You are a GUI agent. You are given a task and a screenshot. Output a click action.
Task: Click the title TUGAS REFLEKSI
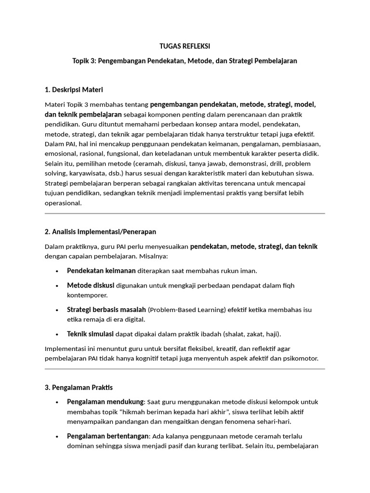click(x=185, y=46)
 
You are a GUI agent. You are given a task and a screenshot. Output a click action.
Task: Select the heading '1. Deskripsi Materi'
click(x=74, y=90)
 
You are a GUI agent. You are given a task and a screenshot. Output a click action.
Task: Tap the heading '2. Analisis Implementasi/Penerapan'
click(x=100, y=232)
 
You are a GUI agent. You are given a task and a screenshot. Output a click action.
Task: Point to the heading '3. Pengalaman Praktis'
click(x=79, y=387)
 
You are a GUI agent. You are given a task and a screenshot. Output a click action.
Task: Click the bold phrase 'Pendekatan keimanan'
click(x=101, y=271)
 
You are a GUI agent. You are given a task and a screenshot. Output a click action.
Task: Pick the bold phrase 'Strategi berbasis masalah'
click(x=106, y=309)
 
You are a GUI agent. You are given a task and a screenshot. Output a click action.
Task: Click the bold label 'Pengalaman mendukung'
click(x=105, y=402)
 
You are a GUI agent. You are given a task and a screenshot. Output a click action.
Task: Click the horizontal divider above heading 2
click(x=185, y=213)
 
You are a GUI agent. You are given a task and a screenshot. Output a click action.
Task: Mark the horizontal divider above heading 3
click(x=185, y=369)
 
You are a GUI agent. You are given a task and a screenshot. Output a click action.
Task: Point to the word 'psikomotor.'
click(x=301, y=358)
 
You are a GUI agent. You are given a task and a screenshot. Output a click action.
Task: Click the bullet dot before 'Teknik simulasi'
click(x=57, y=334)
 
